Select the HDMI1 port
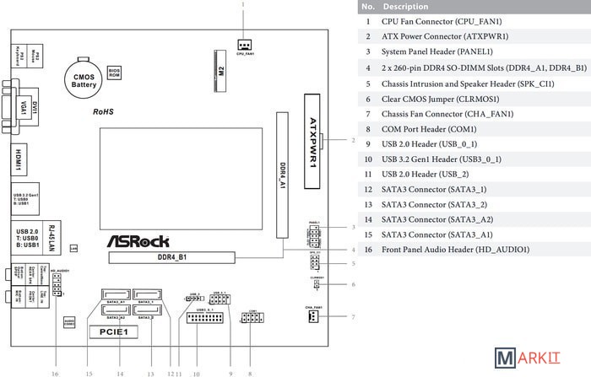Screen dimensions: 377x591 [x=19, y=158]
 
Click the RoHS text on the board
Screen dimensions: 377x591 [x=104, y=111]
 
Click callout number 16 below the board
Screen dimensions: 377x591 [x=56, y=371]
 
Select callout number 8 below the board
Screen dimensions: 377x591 [x=249, y=371]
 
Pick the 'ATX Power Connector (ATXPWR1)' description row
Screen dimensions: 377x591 [x=434, y=36]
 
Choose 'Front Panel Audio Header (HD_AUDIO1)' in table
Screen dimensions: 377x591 [x=456, y=250]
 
